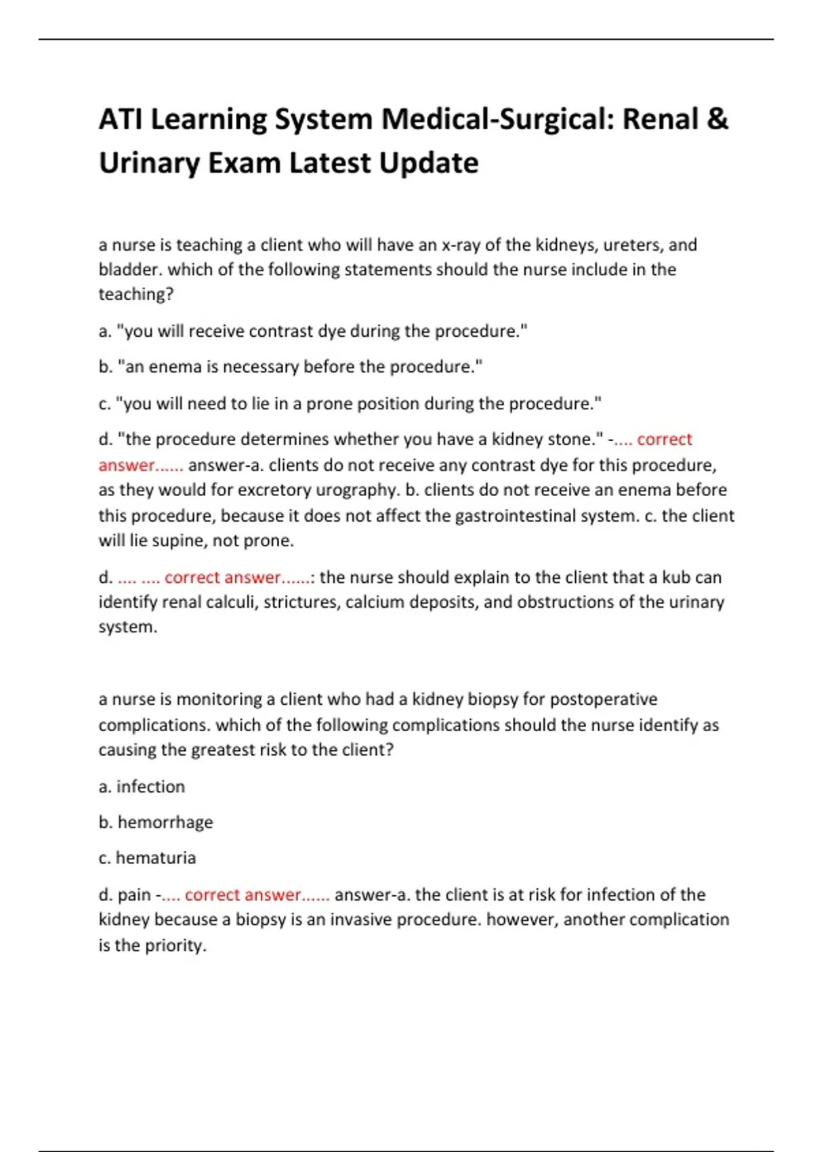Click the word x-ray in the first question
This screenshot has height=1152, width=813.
tap(461, 245)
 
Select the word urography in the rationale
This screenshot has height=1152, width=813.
tap(358, 490)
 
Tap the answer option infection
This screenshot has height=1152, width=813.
tap(150, 787)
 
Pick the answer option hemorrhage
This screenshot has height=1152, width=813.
tap(165, 823)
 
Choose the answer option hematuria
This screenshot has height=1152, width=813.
tap(156, 858)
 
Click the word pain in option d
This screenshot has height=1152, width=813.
tap(134, 895)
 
